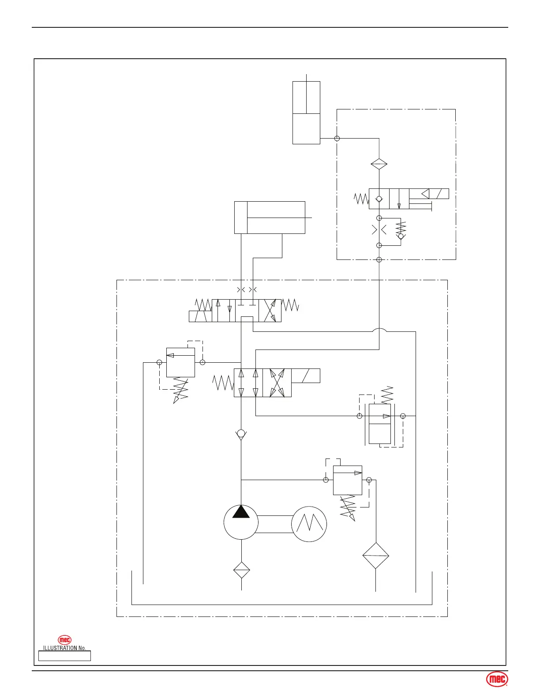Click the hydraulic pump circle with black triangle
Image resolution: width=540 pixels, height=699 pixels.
coord(241,522)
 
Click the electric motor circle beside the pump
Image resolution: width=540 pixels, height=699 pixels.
coord(309,524)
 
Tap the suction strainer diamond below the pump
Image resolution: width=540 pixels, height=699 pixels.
coord(242,570)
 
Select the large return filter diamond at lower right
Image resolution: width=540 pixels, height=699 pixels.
coord(375,556)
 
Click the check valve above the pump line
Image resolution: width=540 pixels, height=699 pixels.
coord(241,434)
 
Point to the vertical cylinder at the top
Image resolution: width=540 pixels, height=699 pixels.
coord(306,113)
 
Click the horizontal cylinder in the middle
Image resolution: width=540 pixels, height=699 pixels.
coord(269,218)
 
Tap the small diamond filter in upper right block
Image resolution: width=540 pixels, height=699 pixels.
coord(379,164)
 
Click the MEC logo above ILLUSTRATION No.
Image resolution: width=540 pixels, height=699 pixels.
coord(65,640)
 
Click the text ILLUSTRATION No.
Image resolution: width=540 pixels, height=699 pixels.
coord(64,648)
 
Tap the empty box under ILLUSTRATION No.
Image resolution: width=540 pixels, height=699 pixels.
coord(64,656)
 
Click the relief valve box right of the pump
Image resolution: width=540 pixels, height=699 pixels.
coord(348,480)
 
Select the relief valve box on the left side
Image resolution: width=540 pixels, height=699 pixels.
coord(180,362)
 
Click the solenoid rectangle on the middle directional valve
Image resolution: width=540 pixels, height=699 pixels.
coord(305,376)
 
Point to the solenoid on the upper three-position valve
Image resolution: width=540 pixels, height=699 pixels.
coord(200,316)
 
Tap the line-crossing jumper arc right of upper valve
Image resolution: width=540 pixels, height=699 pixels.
coord(379,330)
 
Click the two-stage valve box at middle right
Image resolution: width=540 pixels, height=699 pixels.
coord(380,424)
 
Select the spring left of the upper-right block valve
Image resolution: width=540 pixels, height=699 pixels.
coord(361,199)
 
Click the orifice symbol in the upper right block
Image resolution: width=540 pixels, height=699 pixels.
coord(379,230)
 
